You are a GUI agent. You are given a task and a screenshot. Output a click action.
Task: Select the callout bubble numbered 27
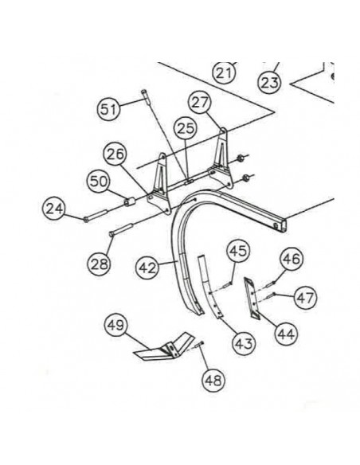point(200,102)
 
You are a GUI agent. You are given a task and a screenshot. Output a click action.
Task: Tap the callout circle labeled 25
point(186,127)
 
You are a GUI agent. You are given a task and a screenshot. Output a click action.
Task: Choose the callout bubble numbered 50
point(99,182)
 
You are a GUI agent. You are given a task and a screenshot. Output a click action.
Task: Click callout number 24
point(54,210)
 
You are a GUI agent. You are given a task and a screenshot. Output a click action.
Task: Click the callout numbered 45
point(239,252)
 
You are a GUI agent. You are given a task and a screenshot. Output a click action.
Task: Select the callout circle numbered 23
point(271,80)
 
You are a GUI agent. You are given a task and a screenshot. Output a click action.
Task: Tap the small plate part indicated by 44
point(252,297)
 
